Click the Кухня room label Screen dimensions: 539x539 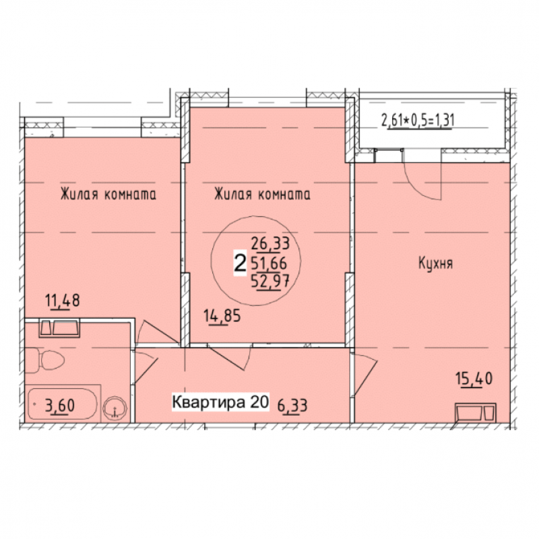[435, 263]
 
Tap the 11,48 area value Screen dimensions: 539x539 [63, 300]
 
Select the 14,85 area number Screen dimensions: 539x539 [222, 315]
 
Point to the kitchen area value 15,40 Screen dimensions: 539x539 [474, 379]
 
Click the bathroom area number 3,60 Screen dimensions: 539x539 [60, 406]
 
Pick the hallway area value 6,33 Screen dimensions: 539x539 [292, 406]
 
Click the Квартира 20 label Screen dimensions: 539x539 [220, 402]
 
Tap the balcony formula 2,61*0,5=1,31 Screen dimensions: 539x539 [418, 121]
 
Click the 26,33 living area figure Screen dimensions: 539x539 [271, 244]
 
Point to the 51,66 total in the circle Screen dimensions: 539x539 [269, 263]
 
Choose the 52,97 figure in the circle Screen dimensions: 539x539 [270, 282]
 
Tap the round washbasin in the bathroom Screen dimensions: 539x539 [115, 408]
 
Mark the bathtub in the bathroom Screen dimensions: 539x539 [63, 404]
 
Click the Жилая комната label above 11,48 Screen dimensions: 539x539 [108, 194]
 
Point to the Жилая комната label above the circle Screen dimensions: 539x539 [262, 194]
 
